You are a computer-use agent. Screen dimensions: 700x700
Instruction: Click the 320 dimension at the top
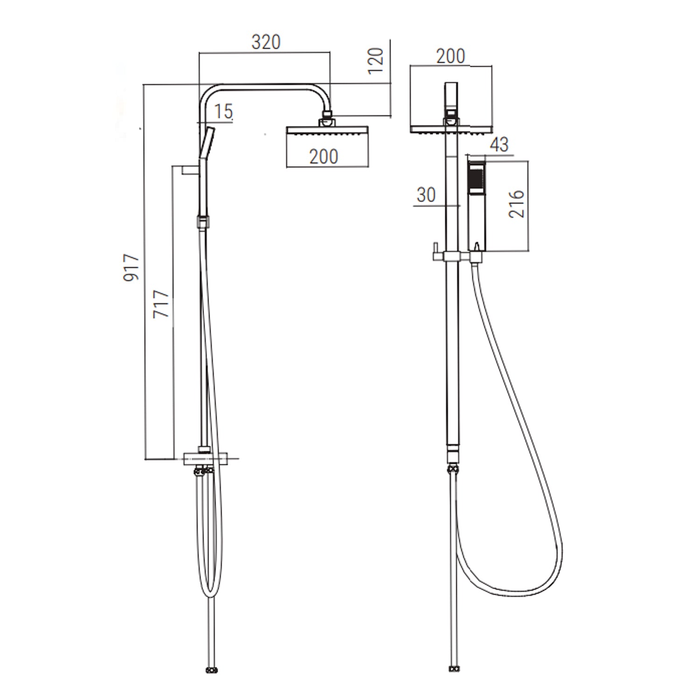(266, 42)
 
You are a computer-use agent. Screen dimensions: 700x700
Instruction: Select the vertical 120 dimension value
(376, 60)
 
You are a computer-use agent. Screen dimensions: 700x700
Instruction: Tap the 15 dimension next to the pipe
(224, 112)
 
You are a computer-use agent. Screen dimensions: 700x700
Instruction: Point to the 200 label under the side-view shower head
(323, 157)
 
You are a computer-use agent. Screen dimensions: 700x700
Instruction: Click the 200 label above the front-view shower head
(450, 56)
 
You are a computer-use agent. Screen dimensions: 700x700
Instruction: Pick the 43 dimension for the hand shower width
(499, 145)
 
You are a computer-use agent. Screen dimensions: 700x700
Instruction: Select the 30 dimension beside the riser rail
(426, 195)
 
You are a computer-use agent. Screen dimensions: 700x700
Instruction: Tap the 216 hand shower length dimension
(517, 203)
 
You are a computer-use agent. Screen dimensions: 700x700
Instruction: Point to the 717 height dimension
(161, 304)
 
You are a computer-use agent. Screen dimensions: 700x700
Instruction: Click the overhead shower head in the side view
(327, 131)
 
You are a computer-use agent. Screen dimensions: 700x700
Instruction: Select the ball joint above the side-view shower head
(327, 121)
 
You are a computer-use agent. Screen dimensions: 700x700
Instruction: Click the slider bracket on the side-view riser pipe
(202, 222)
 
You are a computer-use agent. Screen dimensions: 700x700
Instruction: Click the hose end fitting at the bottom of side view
(211, 671)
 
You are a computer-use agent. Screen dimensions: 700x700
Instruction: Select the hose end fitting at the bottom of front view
(453, 670)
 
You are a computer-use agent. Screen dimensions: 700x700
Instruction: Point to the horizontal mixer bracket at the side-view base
(206, 459)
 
